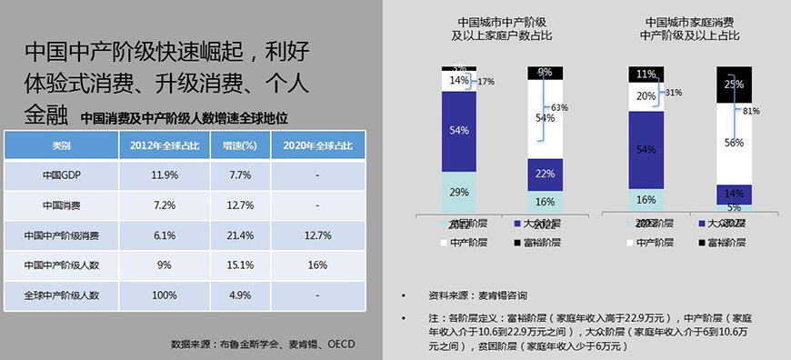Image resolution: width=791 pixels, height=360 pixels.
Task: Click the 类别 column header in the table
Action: point(61,145)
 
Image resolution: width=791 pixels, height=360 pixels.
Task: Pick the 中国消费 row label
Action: point(61,205)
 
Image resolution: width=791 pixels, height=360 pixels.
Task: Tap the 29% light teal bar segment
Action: point(459,193)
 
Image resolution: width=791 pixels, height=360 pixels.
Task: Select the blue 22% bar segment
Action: point(546,174)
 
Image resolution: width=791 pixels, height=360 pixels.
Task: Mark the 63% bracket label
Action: point(586,107)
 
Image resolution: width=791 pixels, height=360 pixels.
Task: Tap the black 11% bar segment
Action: point(646,74)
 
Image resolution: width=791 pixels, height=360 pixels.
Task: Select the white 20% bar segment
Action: point(646,95)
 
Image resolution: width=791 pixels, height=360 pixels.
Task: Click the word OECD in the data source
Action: point(341,344)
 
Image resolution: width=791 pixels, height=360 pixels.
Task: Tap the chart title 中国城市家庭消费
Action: point(689,21)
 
